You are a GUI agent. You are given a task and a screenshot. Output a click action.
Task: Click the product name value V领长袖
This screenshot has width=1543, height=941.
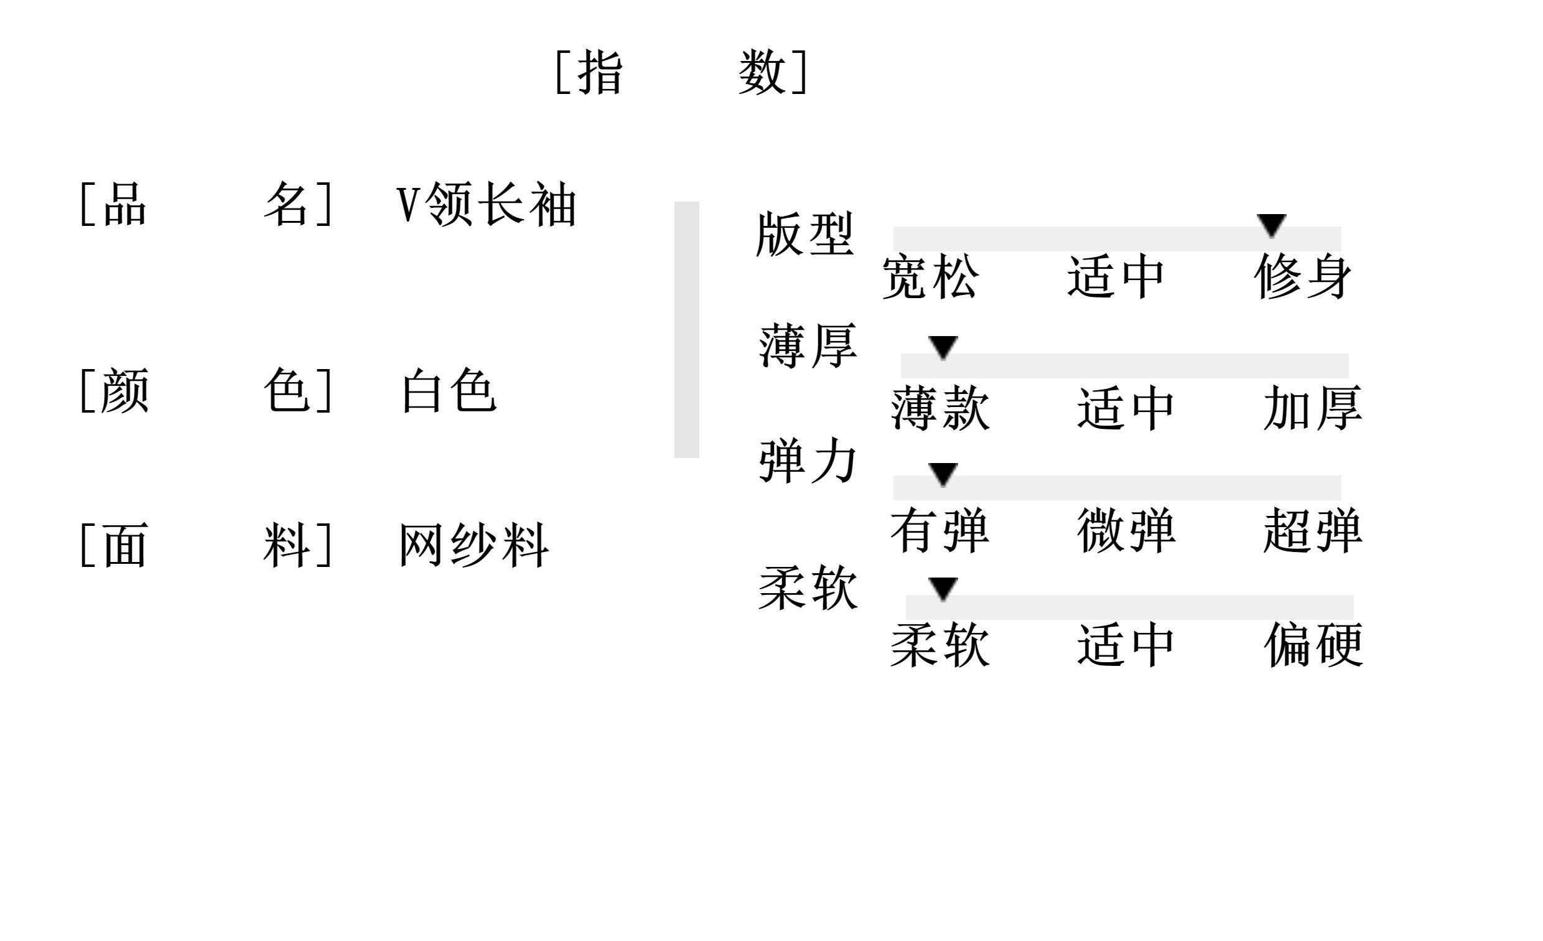[486, 204]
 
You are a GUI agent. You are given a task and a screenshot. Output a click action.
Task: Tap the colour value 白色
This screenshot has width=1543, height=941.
[449, 390]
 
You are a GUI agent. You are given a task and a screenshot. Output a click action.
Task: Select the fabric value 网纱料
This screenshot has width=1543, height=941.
[474, 545]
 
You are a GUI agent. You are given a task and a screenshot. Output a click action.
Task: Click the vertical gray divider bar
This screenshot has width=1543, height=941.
[686, 330]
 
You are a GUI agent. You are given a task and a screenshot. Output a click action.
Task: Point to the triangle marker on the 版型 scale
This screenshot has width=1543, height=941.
[1271, 225]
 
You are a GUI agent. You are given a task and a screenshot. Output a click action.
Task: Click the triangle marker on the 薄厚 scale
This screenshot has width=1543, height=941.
[943, 347]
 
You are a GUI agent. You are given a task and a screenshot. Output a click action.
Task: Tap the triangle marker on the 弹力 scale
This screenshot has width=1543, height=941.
[943, 474]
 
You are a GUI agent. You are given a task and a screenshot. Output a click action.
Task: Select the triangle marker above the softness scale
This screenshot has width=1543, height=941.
[943, 588]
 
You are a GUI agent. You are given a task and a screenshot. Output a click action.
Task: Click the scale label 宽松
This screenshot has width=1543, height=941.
[930, 276]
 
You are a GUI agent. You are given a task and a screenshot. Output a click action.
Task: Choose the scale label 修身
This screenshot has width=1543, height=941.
[1303, 276]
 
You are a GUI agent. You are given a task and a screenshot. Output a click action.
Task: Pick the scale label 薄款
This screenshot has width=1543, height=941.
[940, 408]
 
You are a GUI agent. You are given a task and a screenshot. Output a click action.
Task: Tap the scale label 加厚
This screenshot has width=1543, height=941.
[1313, 408]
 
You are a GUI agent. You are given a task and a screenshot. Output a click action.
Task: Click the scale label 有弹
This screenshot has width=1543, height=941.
[940, 531]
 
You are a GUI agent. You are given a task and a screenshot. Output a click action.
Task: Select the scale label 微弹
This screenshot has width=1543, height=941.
[1126, 531]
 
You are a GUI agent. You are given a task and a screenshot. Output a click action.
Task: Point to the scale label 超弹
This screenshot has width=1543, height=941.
[1313, 531]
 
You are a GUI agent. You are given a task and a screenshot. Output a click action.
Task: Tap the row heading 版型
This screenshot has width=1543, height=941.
[805, 233]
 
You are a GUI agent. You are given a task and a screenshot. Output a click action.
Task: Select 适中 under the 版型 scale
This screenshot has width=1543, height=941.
[1116, 276]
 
